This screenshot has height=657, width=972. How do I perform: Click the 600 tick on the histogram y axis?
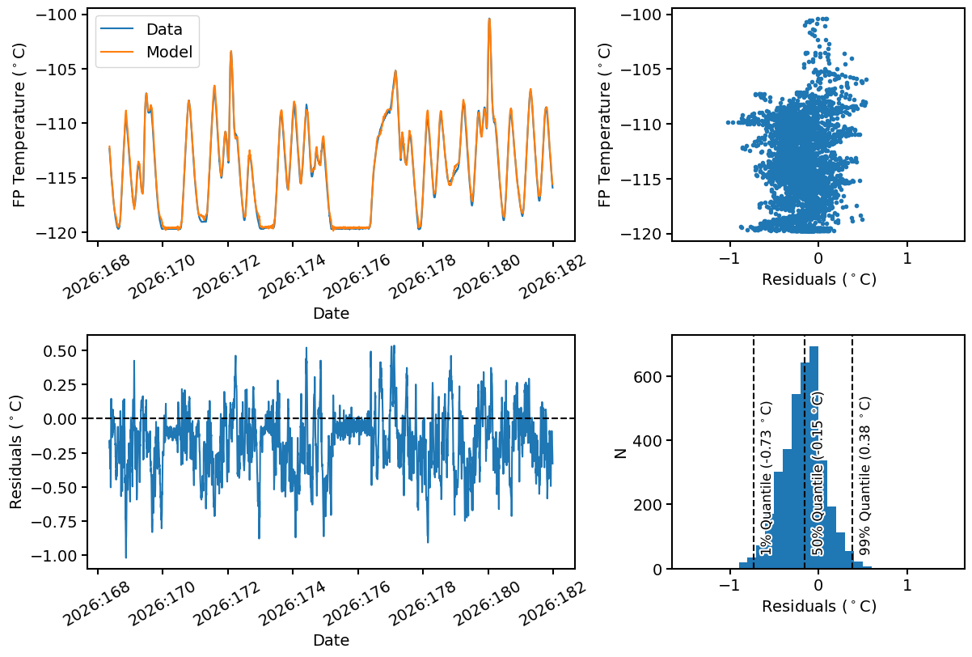click(648, 376)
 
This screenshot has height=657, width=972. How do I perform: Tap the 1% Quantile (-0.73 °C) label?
click(767, 478)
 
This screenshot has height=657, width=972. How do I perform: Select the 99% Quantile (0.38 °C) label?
click(864, 476)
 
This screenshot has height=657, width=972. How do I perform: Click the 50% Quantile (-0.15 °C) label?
click(817, 474)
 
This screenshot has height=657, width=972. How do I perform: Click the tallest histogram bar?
click(814, 457)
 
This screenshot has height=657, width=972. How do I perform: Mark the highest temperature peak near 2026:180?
click(489, 19)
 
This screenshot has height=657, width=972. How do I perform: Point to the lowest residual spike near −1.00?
click(126, 557)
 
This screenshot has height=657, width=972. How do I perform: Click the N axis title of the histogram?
click(621, 453)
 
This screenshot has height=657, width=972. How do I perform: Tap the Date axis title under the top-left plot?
click(331, 313)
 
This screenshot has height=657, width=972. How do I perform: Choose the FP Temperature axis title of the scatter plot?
click(604, 125)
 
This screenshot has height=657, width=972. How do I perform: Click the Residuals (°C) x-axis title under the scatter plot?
click(819, 279)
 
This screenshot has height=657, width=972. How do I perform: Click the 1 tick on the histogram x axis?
click(907, 585)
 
